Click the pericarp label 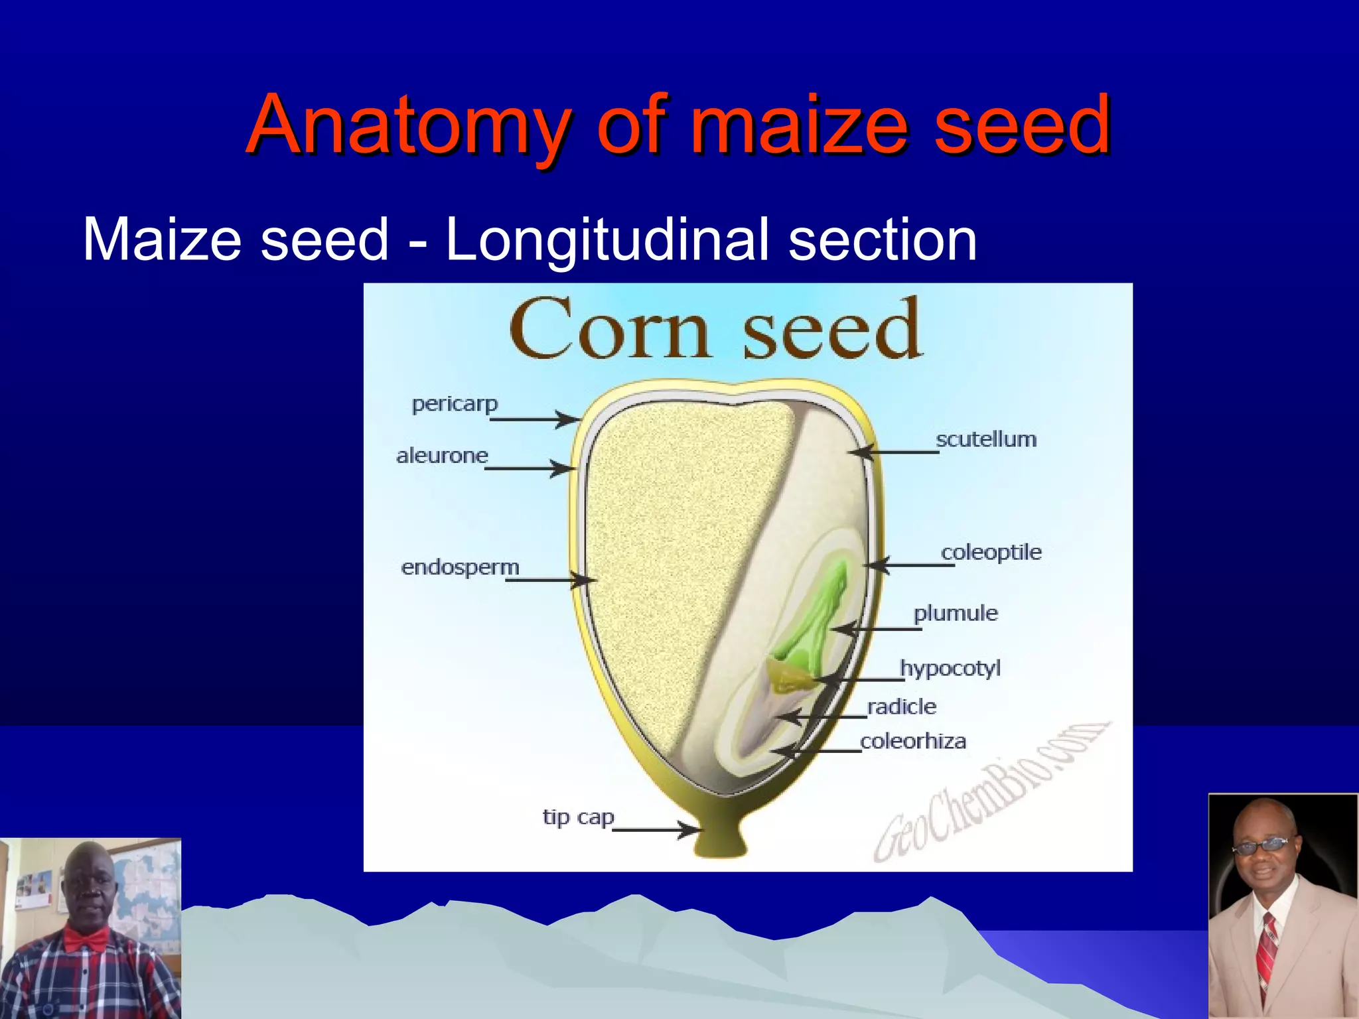tap(455, 404)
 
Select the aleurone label tap(442, 456)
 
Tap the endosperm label tap(460, 567)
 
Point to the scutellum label tap(986, 439)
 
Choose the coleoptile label tap(991, 552)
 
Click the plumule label tap(956, 613)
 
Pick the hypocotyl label tap(950, 668)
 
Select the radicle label tap(902, 707)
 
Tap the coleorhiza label tap(913, 741)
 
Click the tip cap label tap(578, 817)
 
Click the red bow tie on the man tap(86, 939)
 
